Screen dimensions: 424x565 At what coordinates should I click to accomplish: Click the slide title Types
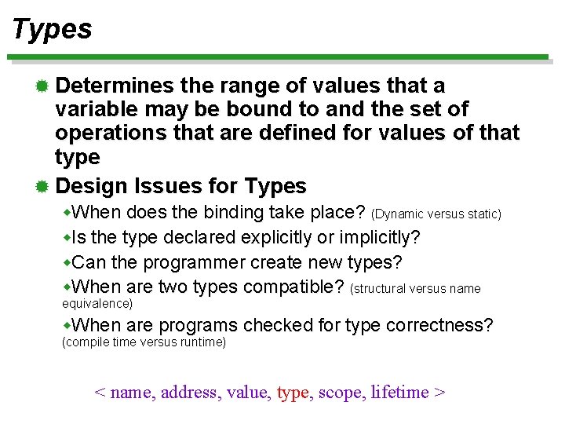coord(52,29)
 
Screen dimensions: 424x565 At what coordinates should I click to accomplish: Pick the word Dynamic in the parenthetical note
coord(399,214)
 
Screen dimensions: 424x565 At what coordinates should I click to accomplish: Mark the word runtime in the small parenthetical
coord(200,342)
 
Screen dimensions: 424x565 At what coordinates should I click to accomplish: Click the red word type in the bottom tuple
coord(293,392)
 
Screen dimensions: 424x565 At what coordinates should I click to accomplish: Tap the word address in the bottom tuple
coord(188,392)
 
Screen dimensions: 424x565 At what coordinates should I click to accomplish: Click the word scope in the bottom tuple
coord(338,392)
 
